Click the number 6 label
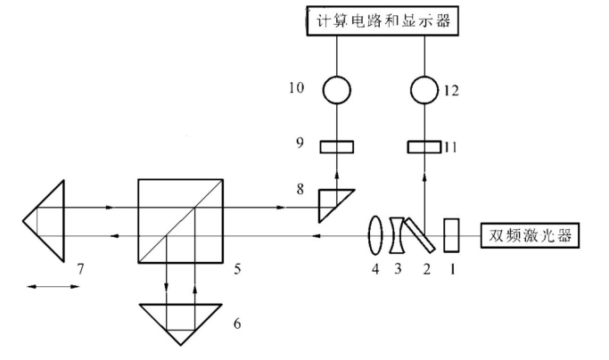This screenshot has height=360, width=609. [x=236, y=322]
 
